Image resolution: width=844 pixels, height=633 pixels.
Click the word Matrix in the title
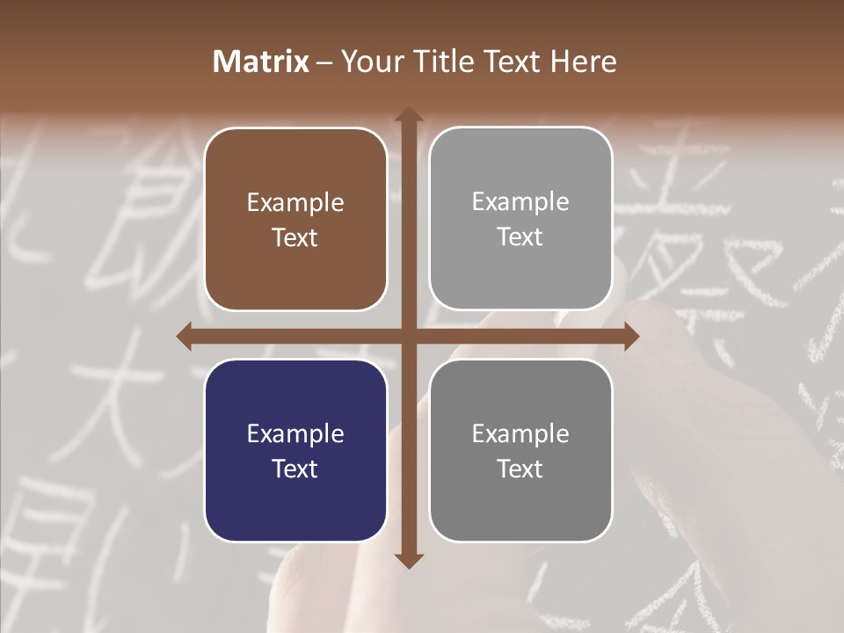coord(261,62)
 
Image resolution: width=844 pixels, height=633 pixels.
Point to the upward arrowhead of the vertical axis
coord(408,115)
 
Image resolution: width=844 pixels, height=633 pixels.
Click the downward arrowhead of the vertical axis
coord(408,560)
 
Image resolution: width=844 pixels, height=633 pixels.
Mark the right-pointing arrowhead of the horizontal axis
coord(630,337)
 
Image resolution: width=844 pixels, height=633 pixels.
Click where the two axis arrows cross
coord(408,337)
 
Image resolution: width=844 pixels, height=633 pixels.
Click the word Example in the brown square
coord(295,203)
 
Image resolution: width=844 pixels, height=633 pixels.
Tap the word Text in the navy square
coord(295,469)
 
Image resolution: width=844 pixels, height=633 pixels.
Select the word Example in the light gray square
coord(520,202)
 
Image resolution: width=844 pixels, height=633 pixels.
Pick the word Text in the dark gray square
coord(520,469)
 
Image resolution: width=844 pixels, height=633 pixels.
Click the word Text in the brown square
coord(295,237)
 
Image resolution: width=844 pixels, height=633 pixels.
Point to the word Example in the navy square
coord(295,433)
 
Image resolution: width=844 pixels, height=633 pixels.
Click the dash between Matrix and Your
coord(324,62)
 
